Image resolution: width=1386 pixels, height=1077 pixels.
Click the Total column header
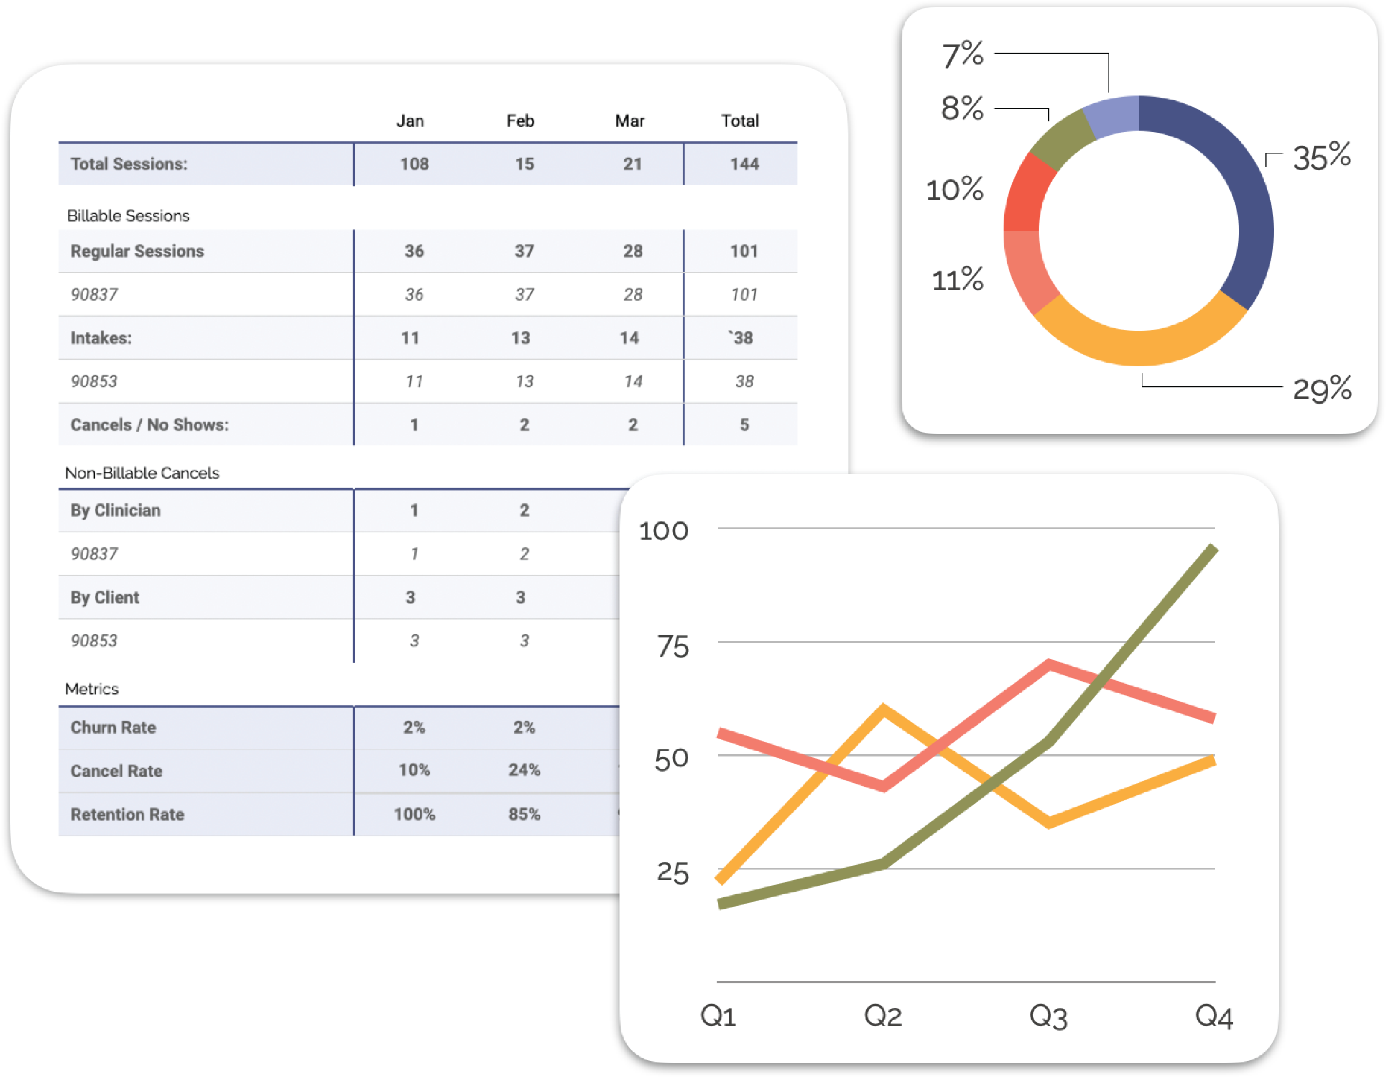coord(740,121)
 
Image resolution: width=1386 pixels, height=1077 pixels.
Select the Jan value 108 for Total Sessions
coord(414,164)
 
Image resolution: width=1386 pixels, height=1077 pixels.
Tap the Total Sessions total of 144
coord(744,164)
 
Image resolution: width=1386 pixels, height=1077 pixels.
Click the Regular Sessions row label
coord(137,251)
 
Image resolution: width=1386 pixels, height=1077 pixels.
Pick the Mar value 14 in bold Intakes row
coord(629,338)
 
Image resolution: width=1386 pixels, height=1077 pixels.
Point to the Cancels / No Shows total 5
coord(744,425)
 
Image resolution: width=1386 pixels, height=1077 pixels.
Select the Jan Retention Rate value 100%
coord(414,813)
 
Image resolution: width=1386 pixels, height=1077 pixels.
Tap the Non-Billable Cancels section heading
coord(142,473)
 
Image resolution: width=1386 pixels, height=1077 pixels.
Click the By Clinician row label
coord(115,510)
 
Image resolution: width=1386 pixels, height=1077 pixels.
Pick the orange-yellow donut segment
coord(1139,347)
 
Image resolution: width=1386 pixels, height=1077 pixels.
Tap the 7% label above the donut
coord(962,54)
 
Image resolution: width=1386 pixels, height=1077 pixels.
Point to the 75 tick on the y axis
coord(672,647)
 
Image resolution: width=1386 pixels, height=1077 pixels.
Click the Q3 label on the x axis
coord(1048,1016)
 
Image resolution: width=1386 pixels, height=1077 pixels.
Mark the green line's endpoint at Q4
coord(1213,548)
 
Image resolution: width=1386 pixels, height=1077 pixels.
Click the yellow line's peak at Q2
coord(884,708)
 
